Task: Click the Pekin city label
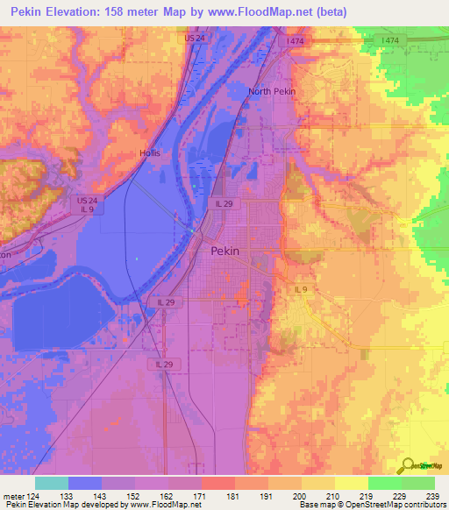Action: [225, 251]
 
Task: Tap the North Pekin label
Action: [272, 91]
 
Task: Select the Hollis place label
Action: [151, 153]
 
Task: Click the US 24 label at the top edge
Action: [194, 39]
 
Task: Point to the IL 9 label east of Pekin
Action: [302, 289]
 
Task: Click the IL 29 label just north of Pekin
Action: [224, 203]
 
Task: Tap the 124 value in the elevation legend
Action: [33, 496]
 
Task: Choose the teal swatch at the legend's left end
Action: [52, 483]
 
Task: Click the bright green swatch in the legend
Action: [384, 483]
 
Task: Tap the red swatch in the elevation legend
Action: [218, 483]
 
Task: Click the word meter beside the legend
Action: [12, 496]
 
